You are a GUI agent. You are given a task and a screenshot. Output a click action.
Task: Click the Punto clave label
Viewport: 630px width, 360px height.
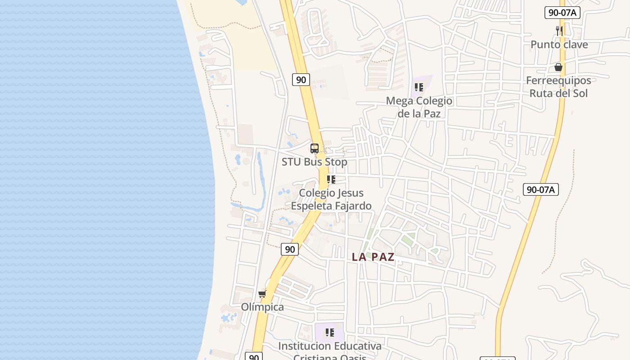559,45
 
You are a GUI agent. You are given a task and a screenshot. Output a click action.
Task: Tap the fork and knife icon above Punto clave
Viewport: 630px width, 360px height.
559,31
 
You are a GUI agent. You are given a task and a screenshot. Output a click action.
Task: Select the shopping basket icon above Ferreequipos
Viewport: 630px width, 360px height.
558,67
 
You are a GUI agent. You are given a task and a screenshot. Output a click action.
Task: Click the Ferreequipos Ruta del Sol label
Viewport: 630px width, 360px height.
558,87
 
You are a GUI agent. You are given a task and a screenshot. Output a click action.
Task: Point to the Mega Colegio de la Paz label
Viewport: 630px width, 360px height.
419,107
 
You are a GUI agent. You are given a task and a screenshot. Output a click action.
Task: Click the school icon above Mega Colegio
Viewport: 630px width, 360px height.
419,87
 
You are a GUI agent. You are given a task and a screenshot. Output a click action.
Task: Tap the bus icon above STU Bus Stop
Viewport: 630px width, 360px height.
315,148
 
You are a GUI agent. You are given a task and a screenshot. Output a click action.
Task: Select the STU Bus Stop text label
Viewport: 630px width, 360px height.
315,162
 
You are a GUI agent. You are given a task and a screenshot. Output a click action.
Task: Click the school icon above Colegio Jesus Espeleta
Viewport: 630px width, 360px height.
331,180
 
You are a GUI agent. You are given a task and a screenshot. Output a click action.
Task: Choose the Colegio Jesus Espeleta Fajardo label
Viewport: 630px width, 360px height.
331,199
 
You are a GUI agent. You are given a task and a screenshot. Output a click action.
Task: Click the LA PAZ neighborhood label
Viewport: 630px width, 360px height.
373,257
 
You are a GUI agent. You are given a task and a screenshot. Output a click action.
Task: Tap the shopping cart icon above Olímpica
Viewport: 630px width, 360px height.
262,294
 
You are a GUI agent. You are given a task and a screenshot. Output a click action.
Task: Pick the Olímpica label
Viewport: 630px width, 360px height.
262,307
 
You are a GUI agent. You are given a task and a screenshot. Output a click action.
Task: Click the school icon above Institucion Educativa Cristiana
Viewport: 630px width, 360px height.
330,333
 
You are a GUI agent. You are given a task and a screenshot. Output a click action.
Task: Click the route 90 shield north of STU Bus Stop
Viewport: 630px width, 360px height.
301,80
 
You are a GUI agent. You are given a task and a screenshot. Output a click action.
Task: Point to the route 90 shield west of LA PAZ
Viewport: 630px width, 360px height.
290,249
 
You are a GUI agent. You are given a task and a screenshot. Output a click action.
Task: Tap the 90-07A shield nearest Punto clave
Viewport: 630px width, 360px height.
562,13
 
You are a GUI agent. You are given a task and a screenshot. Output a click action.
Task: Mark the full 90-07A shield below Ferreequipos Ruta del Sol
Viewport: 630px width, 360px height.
540,189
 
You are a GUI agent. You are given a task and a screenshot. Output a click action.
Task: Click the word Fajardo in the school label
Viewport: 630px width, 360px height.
349,206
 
